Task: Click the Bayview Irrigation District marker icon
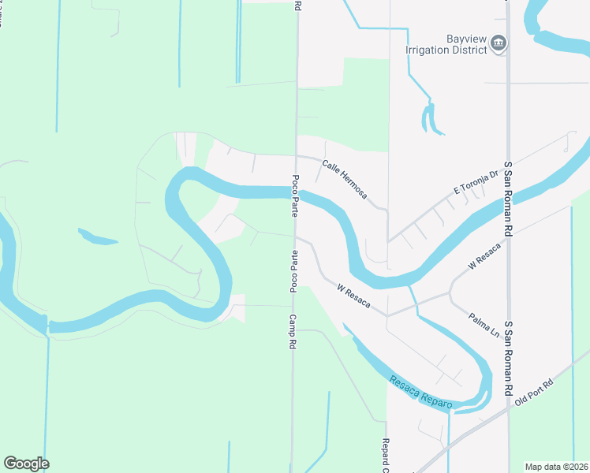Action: pyautogui.click(x=498, y=43)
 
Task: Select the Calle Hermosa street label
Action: pyautogui.click(x=344, y=179)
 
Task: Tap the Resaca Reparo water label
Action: pyautogui.click(x=421, y=393)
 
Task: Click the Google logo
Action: pyautogui.click(x=26, y=464)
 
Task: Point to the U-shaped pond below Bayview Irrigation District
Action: pyautogui.click(x=428, y=120)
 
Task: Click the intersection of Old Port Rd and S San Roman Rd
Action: pyautogui.click(x=510, y=406)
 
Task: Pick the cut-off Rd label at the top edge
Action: pyautogui.click(x=297, y=5)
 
